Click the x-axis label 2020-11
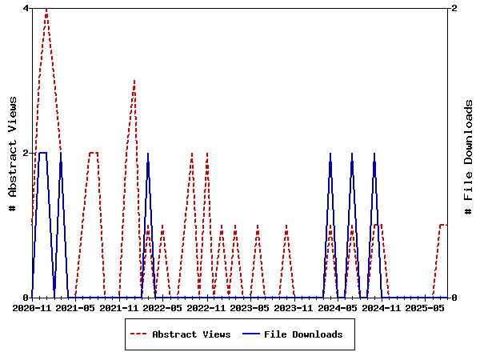click(32, 307)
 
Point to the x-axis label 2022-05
click(163, 307)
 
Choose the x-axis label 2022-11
click(206, 307)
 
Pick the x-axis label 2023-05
click(250, 307)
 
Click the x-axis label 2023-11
click(294, 307)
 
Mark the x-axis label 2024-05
click(338, 307)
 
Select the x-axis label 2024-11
click(381, 307)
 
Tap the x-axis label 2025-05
click(425, 307)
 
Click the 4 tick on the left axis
click(26, 8)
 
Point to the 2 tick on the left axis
click(26, 153)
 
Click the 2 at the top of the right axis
click(454, 8)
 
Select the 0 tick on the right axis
click(454, 298)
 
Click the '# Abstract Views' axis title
click(13, 153)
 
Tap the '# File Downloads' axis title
click(469, 157)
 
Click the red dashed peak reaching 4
click(46, 9)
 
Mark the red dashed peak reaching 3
click(134, 81)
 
